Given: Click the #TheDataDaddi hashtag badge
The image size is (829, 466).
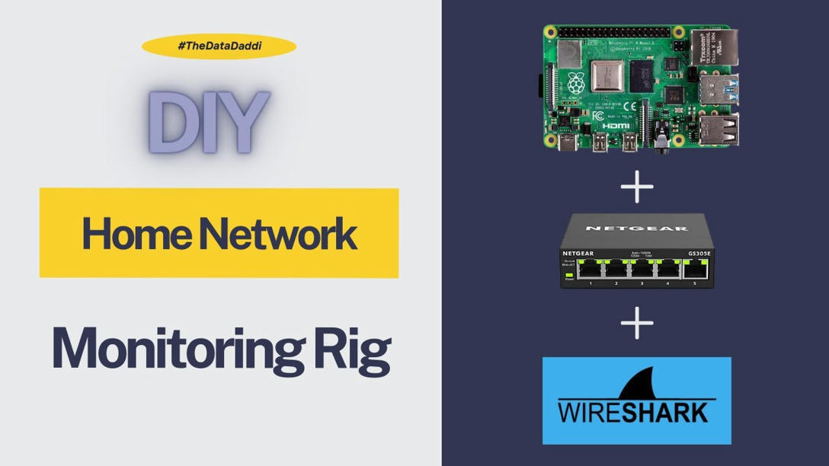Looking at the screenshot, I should tap(219, 46).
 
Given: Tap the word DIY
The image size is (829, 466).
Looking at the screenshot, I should tap(208, 122).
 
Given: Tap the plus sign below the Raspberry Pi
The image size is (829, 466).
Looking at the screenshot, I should tap(637, 187).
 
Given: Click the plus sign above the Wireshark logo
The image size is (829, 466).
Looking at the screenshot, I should tap(637, 323).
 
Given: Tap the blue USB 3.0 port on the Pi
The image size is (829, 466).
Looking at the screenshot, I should tap(719, 88).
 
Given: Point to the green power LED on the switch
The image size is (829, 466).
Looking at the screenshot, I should tap(568, 274).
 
